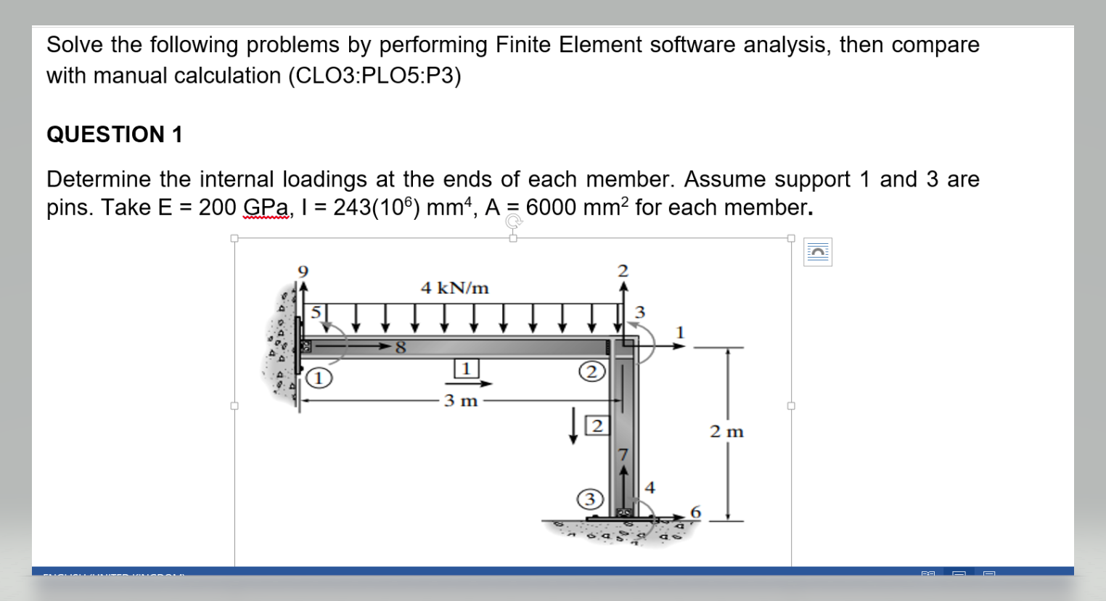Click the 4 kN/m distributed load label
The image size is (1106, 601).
click(455, 288)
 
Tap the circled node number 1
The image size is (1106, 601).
click(319, 378)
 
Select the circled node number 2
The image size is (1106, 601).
click(591, 372)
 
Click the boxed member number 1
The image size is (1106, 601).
click(466, 368)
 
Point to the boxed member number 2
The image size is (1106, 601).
click(597, 425)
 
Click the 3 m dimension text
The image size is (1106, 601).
click(461, 400)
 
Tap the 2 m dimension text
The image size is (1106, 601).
click(726, 432)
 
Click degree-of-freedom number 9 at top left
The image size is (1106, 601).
click(303, 271)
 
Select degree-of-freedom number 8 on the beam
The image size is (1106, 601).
click(400, 348)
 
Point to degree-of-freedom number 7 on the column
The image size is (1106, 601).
click(622, 454)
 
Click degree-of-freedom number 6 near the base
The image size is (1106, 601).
click(695, 512)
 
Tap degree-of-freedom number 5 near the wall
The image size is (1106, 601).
click(316, 313)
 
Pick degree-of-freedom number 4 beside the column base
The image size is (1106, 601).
click(650, 487)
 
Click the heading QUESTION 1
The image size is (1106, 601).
click(114, 134)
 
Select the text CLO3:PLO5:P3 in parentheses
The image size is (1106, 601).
click(374, 75)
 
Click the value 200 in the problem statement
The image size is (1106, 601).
click(218, 208)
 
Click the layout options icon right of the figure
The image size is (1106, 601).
click(817, 252)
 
